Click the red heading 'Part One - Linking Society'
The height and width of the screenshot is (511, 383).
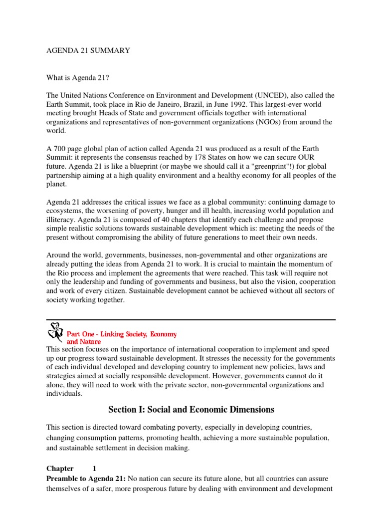[x=122, y=334]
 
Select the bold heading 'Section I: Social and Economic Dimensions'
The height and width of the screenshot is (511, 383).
[x=191, y=410]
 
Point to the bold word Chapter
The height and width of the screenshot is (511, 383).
[x=60, y=469]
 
